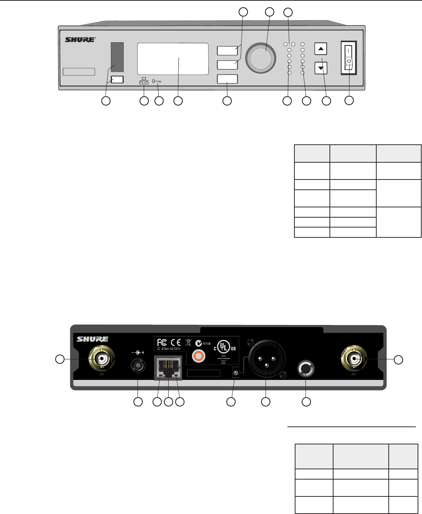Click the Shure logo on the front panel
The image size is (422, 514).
pyautogui.click(x=80, y=40)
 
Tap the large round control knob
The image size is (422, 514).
pyautogui.click(x=260, y=59)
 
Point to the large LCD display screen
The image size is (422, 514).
pyautogui.click(x=173, y=59)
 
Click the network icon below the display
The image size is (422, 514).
pyautogui.click(x=144, y=81)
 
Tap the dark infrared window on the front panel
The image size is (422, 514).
pyautogui.click(x=117, y=57)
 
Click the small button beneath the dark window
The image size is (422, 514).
pyautogui.click(x=117, y=79)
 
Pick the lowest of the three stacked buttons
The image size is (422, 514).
pyautogui.click(x=227, y=79)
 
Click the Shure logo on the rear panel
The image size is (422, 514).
pyautogui.click(x=92, y=339)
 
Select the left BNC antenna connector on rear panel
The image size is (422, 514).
pyautogui.click(x=100, y=359)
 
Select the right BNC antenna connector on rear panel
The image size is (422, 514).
pyautogui.click(x=355, y=359)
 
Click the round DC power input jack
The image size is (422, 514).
pyautogui.click(x=138, y=367)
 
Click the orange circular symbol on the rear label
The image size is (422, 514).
pyautogui.click(x=199, y=355)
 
